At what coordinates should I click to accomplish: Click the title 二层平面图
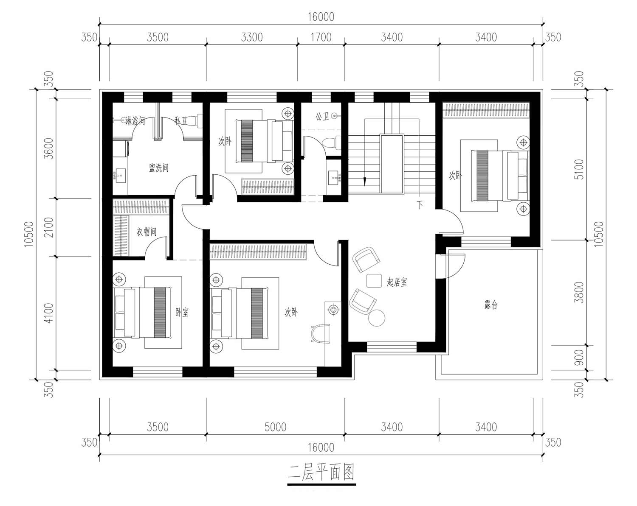pyautogui.click(x=321, y=472)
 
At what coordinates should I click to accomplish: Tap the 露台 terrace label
pyautogui.click(x=491, y=304)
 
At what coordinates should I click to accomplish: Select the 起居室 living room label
pyautogui.click(x=397, y=282)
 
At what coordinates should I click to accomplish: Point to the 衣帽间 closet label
pyautogui.click(x=146, y=231)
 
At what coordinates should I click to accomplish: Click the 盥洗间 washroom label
pyautogui.click(x=159, y=168)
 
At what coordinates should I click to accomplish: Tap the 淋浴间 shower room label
pyautogui.click(x=135, y=120)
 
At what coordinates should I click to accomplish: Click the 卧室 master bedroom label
pyautogui.click(x=182, y=312)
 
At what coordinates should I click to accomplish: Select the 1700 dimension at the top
pyautogui.click(x=321, y=37)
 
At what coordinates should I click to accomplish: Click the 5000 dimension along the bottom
pyautogui.click(x=275, y=427)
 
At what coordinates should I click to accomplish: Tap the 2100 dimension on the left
pyautogui.click(x=48, y=227)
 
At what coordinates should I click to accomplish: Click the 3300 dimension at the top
pyautogui.click(x=251, y=37)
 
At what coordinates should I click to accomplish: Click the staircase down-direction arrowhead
pyautogui.click(x=365, y=181)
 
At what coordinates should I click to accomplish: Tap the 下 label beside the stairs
pyautogui.click(x=420, y=204)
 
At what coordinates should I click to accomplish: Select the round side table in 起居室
pyautogui.click(x=377, y=318)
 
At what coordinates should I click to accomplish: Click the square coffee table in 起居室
pyautogui.click(x=374, y=281)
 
